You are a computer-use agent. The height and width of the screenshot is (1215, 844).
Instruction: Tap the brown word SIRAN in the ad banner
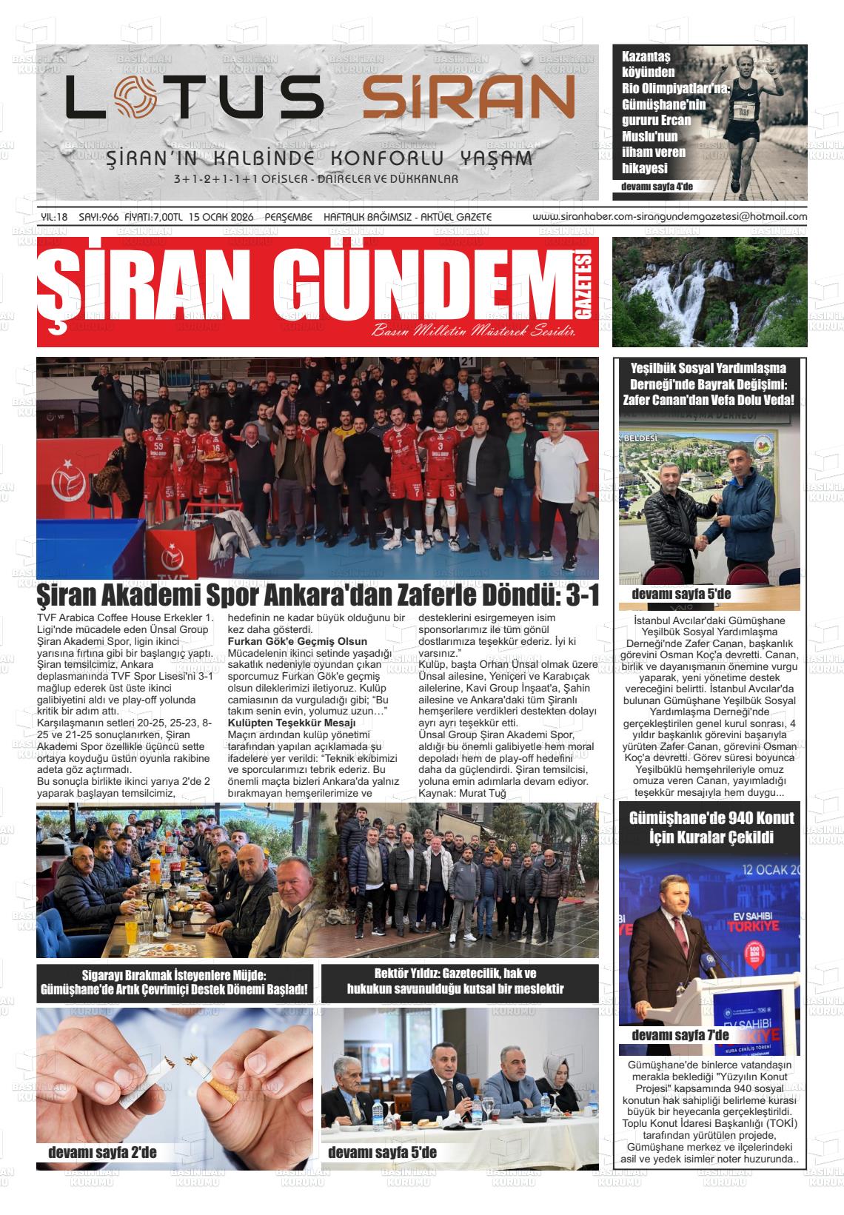pos(468,98)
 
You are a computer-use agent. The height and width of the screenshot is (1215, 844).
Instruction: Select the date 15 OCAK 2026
pos(221,217)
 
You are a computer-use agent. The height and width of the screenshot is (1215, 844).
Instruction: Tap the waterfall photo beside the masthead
pos(709,292)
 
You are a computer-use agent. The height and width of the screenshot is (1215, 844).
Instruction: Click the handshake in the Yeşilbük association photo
pos(702,543)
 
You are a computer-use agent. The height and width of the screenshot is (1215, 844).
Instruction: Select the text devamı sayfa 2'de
pos(102,1152)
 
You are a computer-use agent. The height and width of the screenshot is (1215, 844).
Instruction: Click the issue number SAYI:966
pos(98,217)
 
